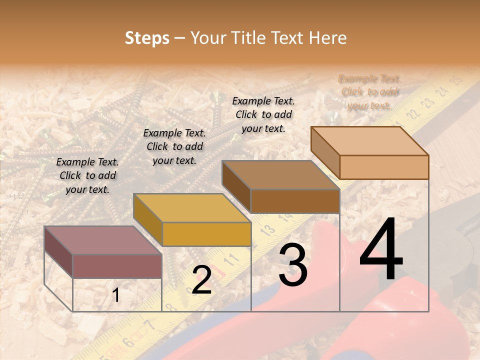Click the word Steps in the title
click(147, 38)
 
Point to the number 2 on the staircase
click(201, 280)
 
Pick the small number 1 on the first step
click(116, 295)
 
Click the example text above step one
click(87, 175)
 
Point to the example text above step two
click(174, 146)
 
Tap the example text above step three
click(263, 114)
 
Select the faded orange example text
click(369, 92)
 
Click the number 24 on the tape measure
click(441, 92)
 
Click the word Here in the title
click(328, 38)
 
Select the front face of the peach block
click(384, 167)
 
